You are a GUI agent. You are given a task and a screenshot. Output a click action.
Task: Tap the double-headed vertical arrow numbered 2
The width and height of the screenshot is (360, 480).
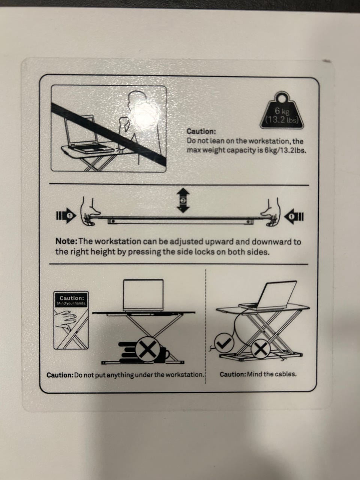click(x=183, y=200)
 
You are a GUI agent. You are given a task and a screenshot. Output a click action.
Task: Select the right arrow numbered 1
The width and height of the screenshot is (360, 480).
click(x=294, y=216)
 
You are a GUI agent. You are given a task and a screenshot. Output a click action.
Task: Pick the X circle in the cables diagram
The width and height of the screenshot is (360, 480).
click(x=261, y=349)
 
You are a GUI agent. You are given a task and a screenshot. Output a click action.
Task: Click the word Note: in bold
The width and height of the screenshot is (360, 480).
click(x=66, y=241)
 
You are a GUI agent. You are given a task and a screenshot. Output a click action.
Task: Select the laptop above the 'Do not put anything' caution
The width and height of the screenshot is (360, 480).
click(x=143, y=295)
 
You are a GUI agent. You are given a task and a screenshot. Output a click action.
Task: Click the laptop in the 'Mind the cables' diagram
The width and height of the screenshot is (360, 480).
click(x=269, y=295)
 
